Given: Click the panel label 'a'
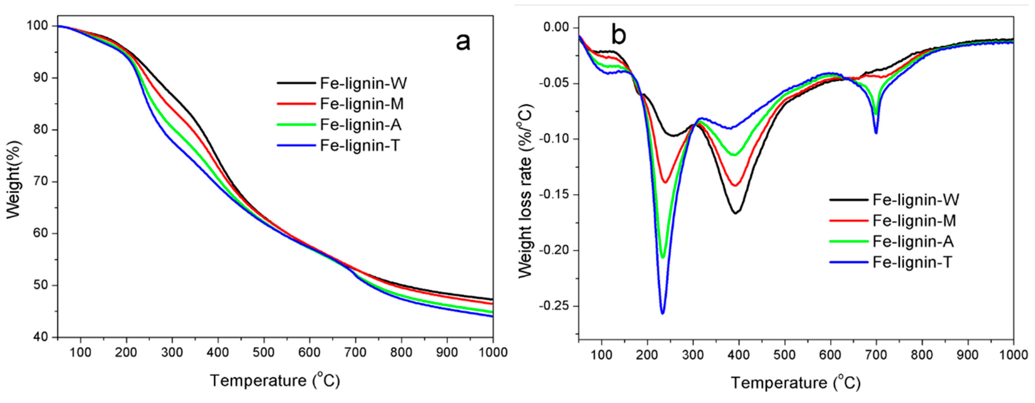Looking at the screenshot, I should click(x=463, y=42).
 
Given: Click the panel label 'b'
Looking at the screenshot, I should click(x=618, y=35).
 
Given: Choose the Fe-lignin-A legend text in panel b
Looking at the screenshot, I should click(x=913, y=241).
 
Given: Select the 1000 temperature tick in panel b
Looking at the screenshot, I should click(x=1013, y=355).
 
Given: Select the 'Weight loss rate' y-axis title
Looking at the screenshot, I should click(x=525, y=191).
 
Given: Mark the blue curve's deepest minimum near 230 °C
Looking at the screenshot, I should click(x=662, y=313).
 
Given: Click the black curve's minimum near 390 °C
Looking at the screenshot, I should click(x=736, y=213).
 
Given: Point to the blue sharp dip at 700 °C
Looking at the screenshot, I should click(x=876, y=133).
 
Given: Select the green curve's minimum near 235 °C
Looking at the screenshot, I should click(x=662, y=257).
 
